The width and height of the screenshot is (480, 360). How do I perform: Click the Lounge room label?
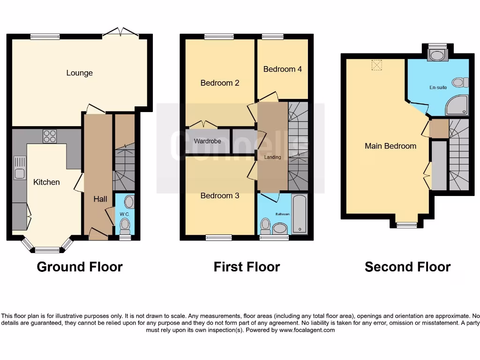tap(79, 73)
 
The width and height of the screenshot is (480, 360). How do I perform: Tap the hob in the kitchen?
tap(50, 136)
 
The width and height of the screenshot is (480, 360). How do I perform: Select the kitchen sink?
tap(19, 169)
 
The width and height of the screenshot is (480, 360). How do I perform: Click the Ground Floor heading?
tap(80, 267)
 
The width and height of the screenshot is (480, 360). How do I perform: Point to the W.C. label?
tap(124, 215)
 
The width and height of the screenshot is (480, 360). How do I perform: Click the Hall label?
tap(100, 199)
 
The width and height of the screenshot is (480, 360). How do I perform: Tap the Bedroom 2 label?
tap(220, 83)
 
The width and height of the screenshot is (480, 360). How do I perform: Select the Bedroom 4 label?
tap(282, 69)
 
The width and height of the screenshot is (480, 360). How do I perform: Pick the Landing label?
tap(272, 157)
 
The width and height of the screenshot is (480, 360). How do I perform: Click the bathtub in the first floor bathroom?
tap(300, 215)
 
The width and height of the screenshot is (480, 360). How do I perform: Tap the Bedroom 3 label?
tap(220, 195)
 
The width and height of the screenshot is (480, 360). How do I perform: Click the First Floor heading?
tap(247, 267)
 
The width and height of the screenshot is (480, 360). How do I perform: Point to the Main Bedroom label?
tap(390, 146)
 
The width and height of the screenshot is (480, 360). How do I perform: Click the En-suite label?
tap(438, 88)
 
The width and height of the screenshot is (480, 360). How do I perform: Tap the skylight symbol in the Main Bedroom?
tap(376, 65)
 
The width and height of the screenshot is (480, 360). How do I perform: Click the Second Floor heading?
tap(407, 267)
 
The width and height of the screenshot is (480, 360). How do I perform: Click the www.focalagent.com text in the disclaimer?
tap(307, 330)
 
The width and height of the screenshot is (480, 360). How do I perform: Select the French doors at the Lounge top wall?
tap(121, 33)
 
